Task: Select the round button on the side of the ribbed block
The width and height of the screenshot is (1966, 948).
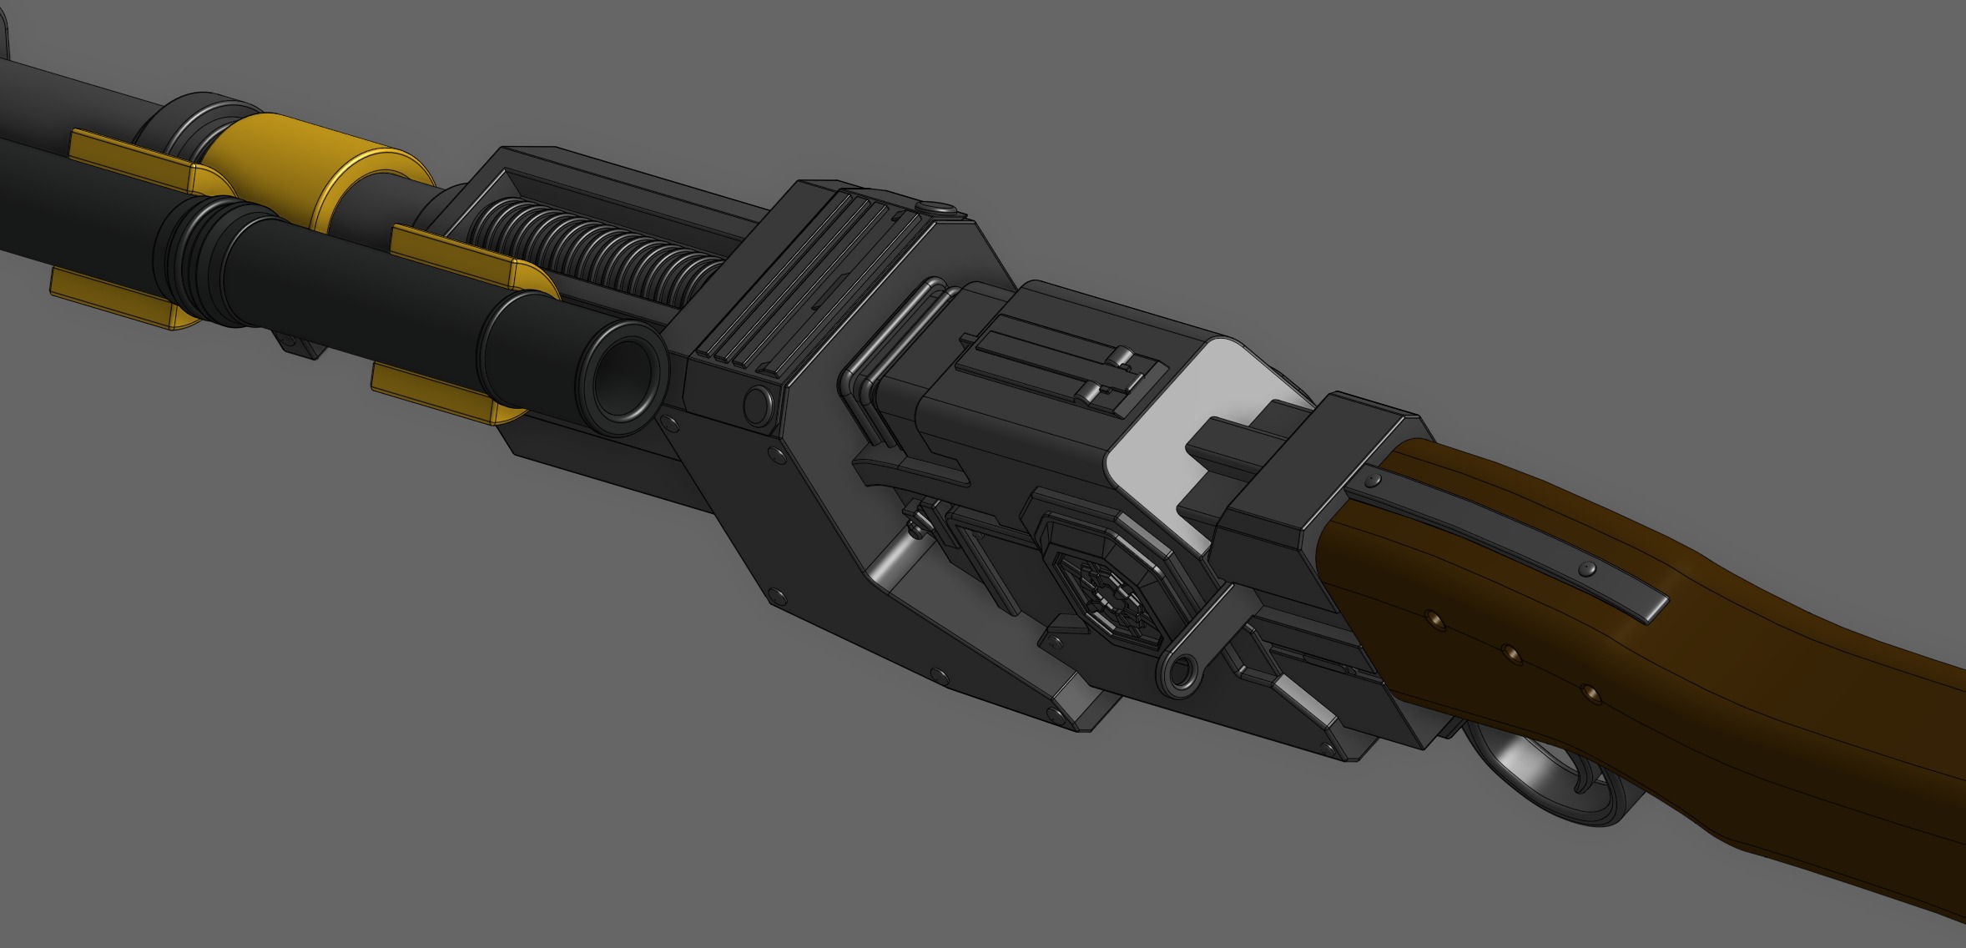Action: point(758,403)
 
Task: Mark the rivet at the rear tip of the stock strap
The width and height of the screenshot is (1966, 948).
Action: point(1589,570)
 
